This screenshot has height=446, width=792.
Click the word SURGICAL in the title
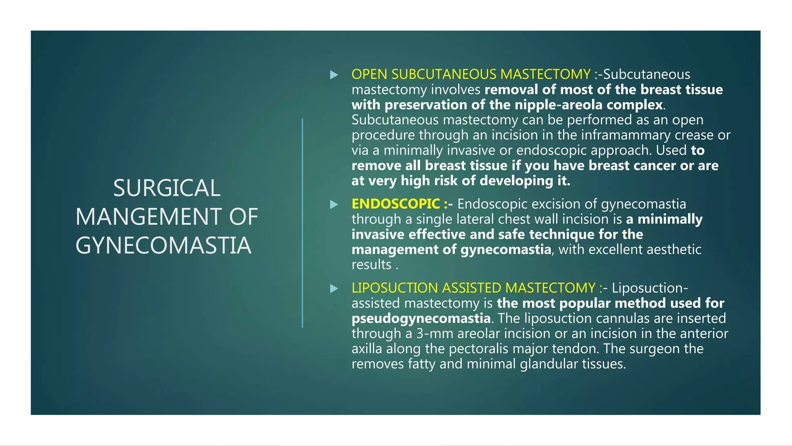point(167,188)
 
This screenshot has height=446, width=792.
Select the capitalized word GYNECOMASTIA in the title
point(164,245)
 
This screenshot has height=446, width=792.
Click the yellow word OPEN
point(369,74)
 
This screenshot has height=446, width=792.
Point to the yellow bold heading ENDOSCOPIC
point(396,204)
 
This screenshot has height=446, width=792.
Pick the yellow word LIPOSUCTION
point(394,288)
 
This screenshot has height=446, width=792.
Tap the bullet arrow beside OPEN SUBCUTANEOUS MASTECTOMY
point(334,75)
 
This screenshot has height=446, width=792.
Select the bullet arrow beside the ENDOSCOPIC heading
point(334,204)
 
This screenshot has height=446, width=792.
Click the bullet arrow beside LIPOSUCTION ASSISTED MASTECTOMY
point(334,288)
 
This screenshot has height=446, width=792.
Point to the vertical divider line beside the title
point(302,223)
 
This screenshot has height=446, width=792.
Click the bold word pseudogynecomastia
point(421,319)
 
